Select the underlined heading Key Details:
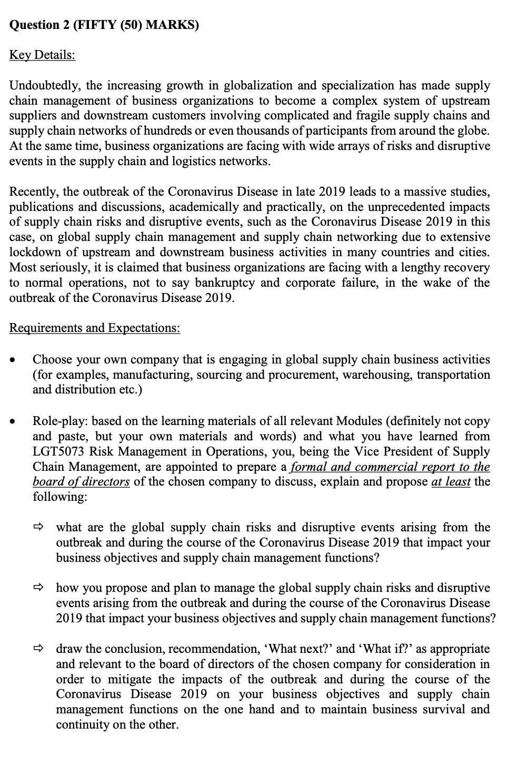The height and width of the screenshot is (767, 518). [x=42, y=55]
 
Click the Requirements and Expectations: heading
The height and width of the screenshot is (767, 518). [x=95, y=328]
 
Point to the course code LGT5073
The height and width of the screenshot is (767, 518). [x=58, y=452]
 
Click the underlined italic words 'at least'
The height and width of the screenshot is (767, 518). [x=451, y=482]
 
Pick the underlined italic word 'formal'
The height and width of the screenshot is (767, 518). [x=308, y=467]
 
